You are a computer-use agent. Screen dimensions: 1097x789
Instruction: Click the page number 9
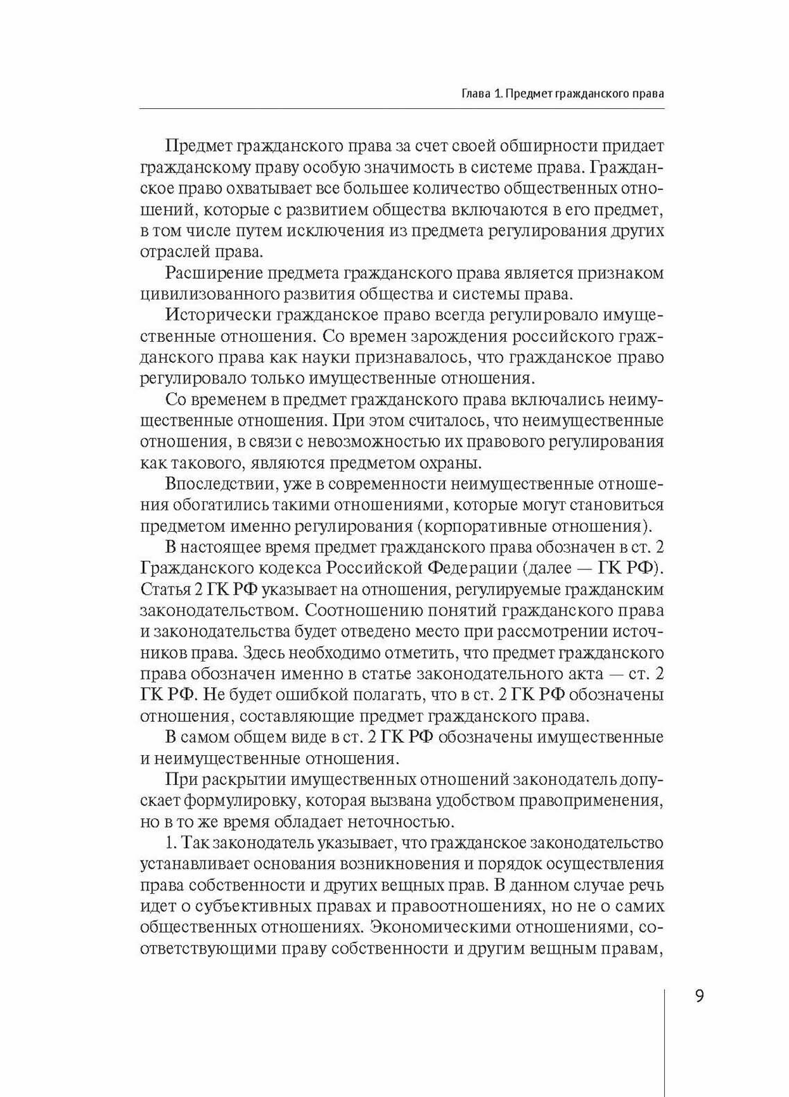pyautogui.click(x=699, y=996)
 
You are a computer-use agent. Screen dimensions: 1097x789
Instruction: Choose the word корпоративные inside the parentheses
pyautogui.click(x=499, y=526)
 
